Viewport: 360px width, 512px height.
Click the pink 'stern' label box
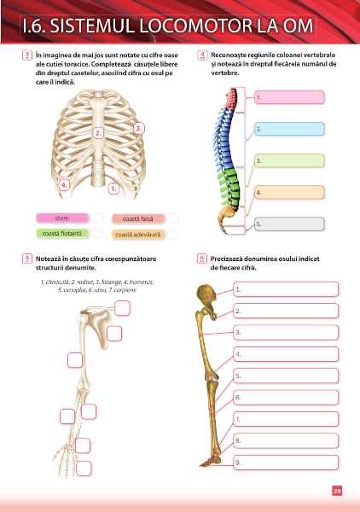click(x=62, y=218)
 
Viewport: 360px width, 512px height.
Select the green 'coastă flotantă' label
click(x=62, y=234)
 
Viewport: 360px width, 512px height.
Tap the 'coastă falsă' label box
click(x=138, y=218)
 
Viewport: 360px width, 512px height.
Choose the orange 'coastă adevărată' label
click(x=138, y=235)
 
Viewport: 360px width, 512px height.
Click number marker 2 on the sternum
click(x=98, y=133)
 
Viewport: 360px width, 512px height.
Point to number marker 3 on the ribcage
click(x=139, y=128)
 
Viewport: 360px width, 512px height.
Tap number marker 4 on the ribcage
click(x=64, y=185)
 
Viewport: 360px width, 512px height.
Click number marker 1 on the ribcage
click(x=113, y=189)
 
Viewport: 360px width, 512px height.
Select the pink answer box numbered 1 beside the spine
click(x=289, y=97)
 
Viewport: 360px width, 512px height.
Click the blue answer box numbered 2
click(x=289, y=129)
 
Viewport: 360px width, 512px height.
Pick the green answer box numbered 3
click(x=289, y=160)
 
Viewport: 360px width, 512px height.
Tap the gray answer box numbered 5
click(x=289, y=224)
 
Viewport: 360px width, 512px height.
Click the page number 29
click(x=337, y=491)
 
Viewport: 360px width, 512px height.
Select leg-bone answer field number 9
click(x=286, y=463)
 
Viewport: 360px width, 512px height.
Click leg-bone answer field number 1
click(x=286, y=289)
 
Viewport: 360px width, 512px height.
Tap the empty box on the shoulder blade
click(x=114, y=334)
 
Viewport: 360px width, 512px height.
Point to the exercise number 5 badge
click(x=27, y=259)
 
